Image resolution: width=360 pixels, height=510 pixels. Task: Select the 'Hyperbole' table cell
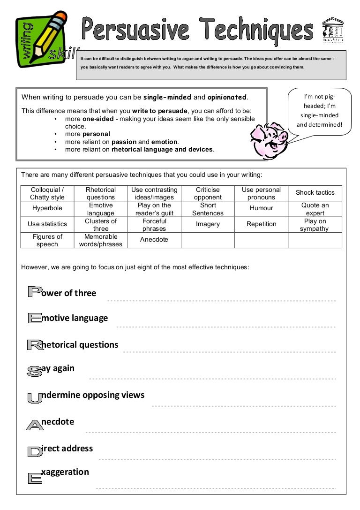47,208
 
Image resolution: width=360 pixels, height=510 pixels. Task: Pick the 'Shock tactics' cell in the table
315,193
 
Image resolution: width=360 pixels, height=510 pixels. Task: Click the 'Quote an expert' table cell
315,209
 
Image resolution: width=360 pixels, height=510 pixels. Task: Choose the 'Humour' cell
261,208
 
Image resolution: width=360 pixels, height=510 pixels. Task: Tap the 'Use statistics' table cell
47,224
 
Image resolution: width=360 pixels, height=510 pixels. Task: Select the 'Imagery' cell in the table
208,224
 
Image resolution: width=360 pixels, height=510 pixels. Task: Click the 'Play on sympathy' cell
315,225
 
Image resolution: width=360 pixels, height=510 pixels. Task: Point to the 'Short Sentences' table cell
208,209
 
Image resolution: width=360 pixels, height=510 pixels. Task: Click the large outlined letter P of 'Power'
34,293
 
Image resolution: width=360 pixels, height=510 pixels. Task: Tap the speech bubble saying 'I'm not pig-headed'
320,111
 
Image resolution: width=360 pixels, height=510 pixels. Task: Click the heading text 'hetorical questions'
80,345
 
